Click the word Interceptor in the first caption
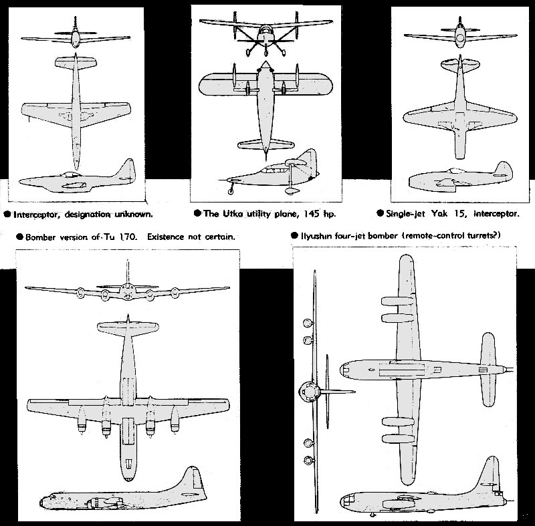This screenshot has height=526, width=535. tap(37, 215)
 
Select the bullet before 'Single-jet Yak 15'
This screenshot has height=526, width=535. tap(380, 213)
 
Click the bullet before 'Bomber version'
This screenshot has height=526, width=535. tap(20, 237)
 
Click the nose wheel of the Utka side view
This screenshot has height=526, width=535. tap(231, 191)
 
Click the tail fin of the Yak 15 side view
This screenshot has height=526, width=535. tap(504, 169)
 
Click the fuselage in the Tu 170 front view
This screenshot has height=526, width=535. tap(127, 292)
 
